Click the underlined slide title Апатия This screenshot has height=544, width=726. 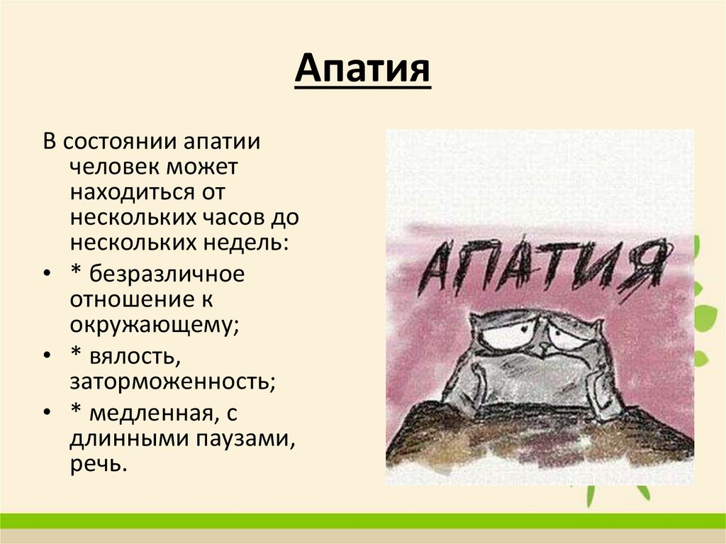(362, 70)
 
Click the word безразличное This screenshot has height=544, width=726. (167, 274)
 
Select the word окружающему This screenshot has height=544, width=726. (154, 325)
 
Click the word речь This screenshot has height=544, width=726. (96, 464)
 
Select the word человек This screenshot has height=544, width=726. (114, 167)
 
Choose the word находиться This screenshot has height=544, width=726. (133, 192)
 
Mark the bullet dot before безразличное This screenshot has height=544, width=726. (47, 274)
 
